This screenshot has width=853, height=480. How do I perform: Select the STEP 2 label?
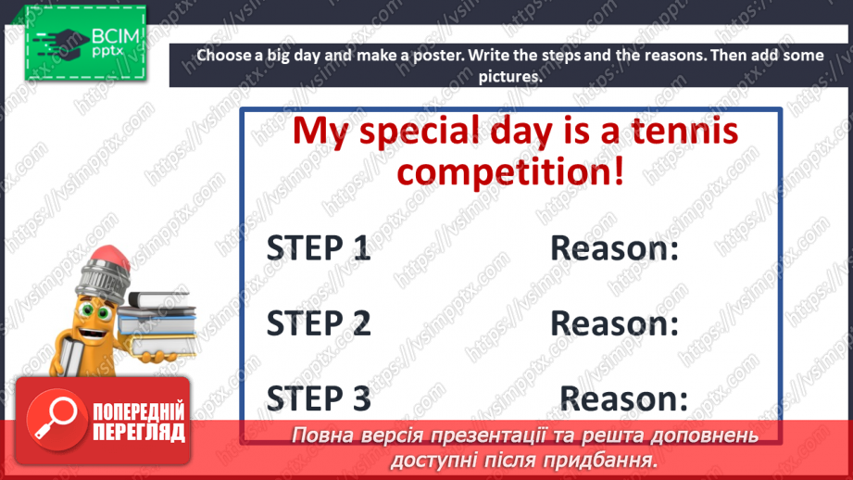point(319,322)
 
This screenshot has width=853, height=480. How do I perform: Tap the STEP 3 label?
point(319,398)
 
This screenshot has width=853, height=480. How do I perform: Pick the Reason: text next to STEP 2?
point(614,322)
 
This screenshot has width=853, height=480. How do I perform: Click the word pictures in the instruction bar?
point(509,77)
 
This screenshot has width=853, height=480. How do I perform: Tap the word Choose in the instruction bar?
point(225,56)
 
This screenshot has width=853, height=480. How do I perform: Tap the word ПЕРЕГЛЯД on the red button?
point(139,432)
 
